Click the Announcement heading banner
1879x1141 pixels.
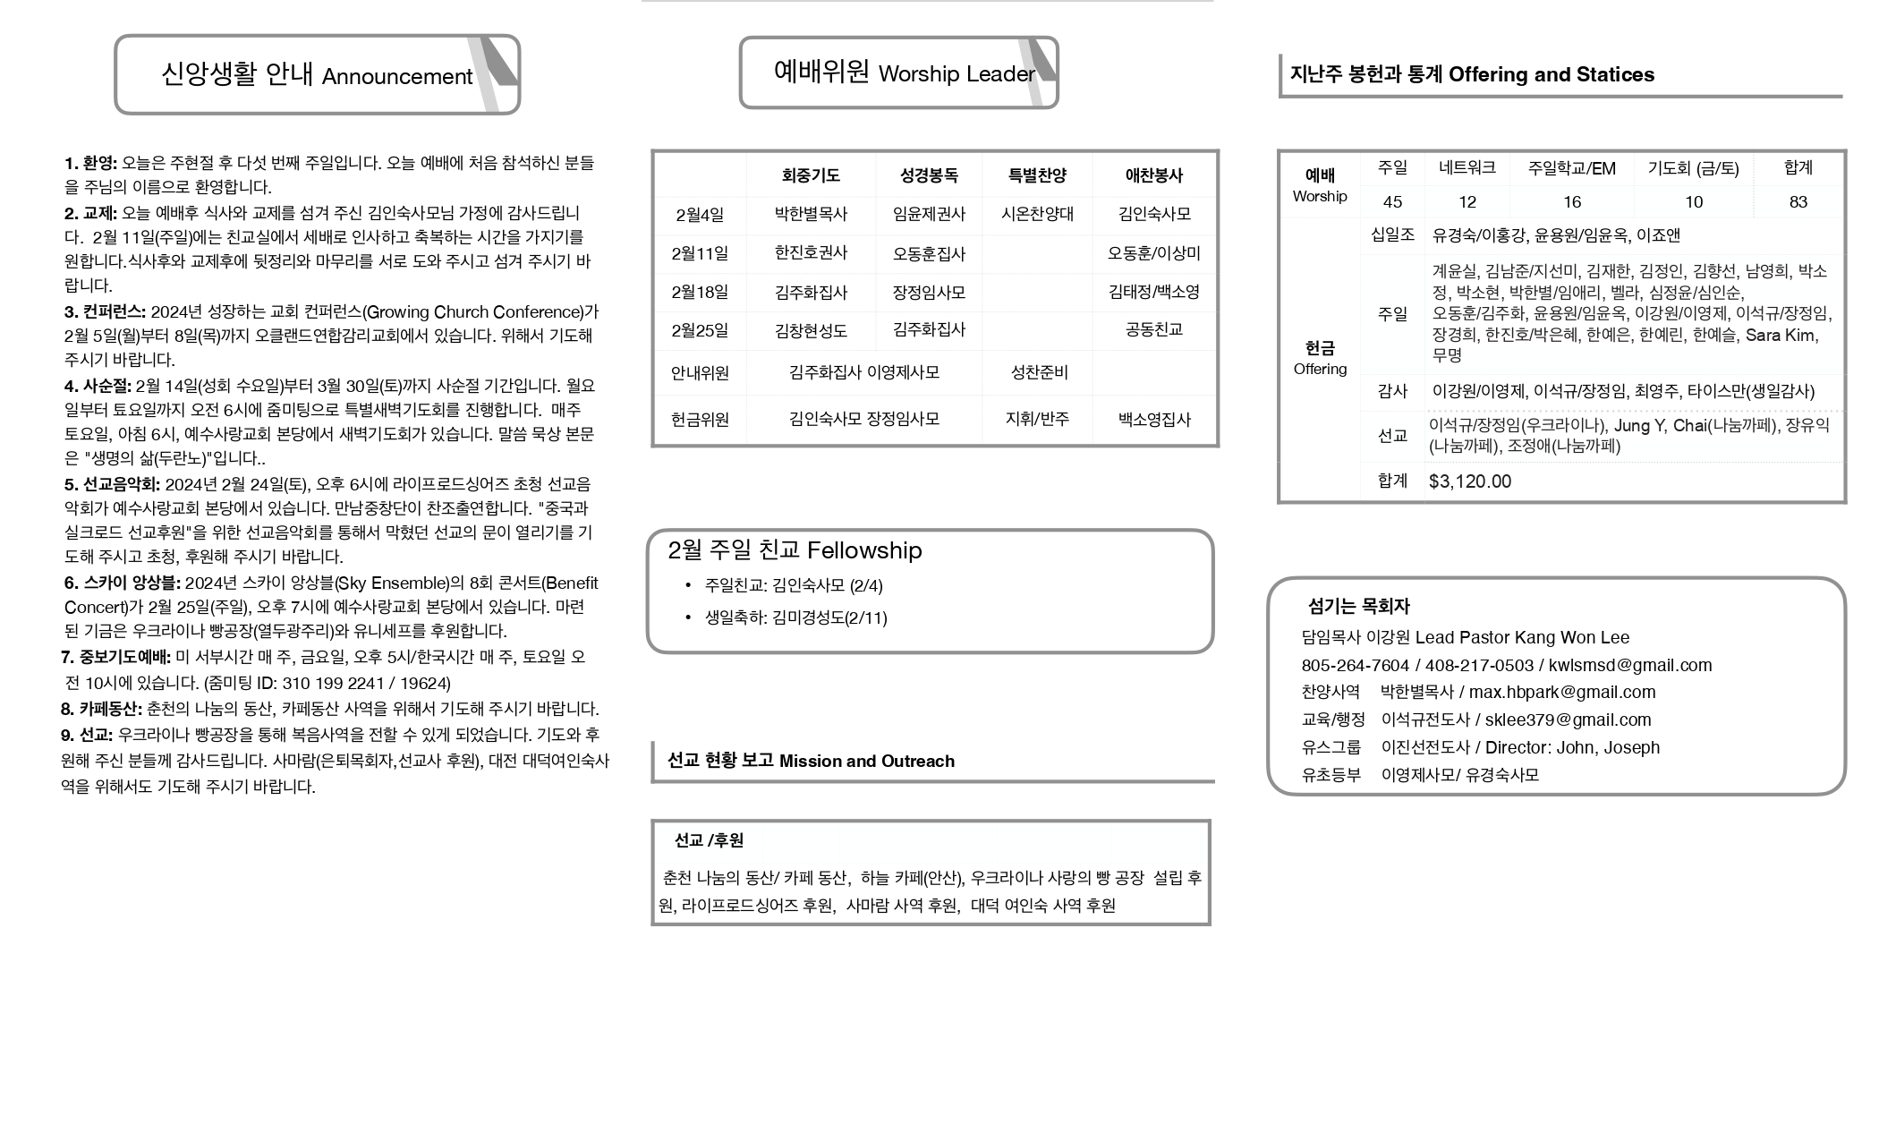coord(317,75)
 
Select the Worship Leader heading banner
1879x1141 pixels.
coord(898,72)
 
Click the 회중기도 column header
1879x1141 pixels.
coord(811,175)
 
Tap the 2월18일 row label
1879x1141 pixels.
coord(700,293)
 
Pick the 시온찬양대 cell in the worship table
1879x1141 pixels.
coord(1037,214)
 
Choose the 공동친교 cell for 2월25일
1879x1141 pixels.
coord(1154,330)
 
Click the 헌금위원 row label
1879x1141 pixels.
coord(700,419)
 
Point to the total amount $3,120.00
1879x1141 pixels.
coord(1470,481)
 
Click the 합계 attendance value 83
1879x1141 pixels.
coord(1798,202)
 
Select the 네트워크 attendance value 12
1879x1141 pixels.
coord(1467,202)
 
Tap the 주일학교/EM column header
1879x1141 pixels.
coord(1572,168)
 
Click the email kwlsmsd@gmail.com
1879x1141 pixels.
coord(1630,665)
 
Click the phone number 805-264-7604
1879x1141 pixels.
coord(1355,665)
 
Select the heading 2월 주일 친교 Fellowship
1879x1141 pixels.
coord(795,550)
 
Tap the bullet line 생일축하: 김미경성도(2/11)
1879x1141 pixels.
coord(795,617)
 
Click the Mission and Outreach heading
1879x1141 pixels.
coord(811,761)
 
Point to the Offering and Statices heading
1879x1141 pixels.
coord(1472,74)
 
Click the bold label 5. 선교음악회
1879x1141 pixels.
coord(112,484)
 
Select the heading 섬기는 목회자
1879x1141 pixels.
coord(1358,606)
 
